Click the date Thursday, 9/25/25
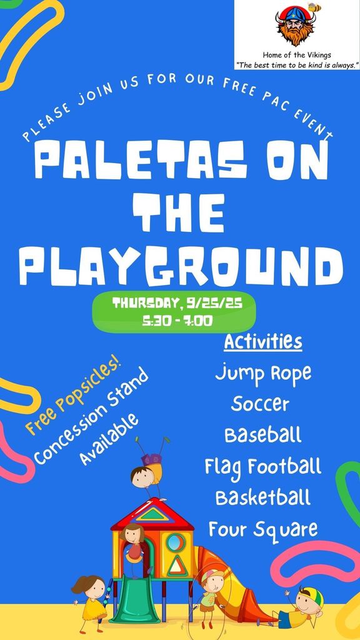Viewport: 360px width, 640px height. (177, 304)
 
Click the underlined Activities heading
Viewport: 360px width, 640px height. (263, 342)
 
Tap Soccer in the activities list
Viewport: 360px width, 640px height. (260, 404)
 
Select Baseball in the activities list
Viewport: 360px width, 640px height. (263, 435)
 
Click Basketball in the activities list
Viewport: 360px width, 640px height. (263, 497)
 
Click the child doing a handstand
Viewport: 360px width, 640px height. (149, 469)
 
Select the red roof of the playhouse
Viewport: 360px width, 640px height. (152, 514)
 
